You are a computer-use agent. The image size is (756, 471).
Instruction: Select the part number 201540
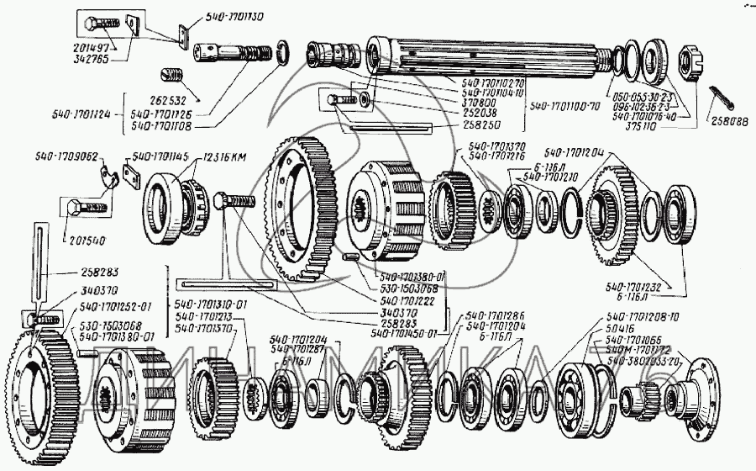click(84, 240)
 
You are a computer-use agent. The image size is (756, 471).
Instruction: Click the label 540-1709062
click(67, 156)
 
